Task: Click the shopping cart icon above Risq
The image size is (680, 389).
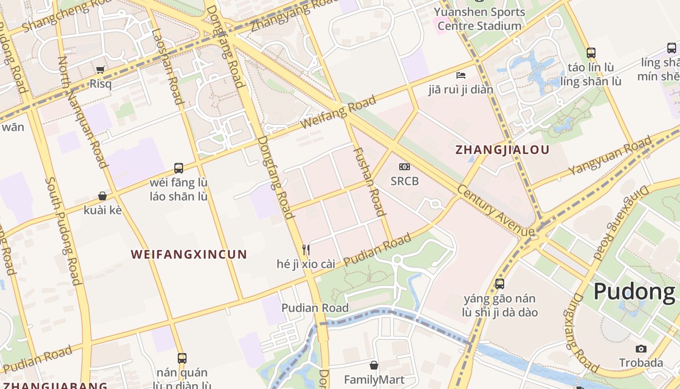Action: click(x=100, y=70)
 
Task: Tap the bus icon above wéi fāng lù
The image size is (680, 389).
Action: click(x=179, y=168)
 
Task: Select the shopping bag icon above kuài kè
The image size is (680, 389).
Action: click(x=102, y=196)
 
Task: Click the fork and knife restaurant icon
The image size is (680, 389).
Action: click(x=306, y=250)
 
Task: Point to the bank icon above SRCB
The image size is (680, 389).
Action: click(x=404, y=167)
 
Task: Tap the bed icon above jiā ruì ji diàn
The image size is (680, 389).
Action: click(x=461, y=75)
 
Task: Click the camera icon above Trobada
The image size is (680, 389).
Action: click(x=641, y=349)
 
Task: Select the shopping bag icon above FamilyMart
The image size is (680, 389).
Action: click(x=374, y=365)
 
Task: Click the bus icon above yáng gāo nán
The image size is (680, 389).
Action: click(x=500, y=284)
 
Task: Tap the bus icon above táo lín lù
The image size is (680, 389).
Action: click(x=591, y=53)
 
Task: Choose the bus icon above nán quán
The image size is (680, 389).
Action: click(x=182, y=358)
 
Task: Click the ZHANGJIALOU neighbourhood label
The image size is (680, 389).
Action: click(x=502, y=150)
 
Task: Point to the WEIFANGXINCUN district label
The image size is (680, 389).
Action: click(x=189, y=254)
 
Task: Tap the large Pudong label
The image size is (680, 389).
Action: click(x=634, y=292)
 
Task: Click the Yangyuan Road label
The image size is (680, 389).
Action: click(x=610, y=156)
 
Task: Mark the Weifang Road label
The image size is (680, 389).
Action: click(x=338, y=112)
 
